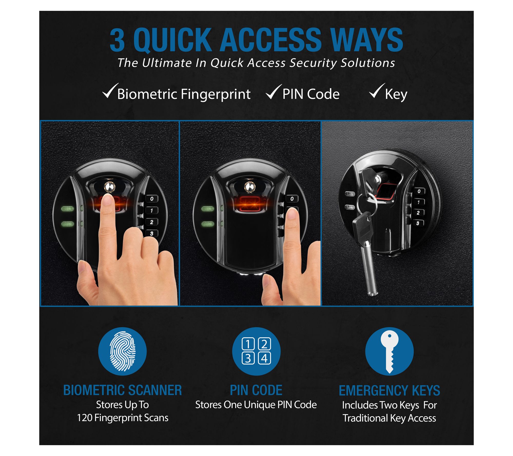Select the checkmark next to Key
[x=377, y=91]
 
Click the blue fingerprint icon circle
[x=122, y=351]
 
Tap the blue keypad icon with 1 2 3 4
[x=256, y=351]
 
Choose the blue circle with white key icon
[x=389, y=351]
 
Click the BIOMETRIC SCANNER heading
[x=122, y=390]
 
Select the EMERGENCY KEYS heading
[x=389, y=390]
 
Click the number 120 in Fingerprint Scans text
[x=85, y=418]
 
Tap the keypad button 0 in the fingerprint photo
[x=152, y=199]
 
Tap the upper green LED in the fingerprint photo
[x=67, y=209]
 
